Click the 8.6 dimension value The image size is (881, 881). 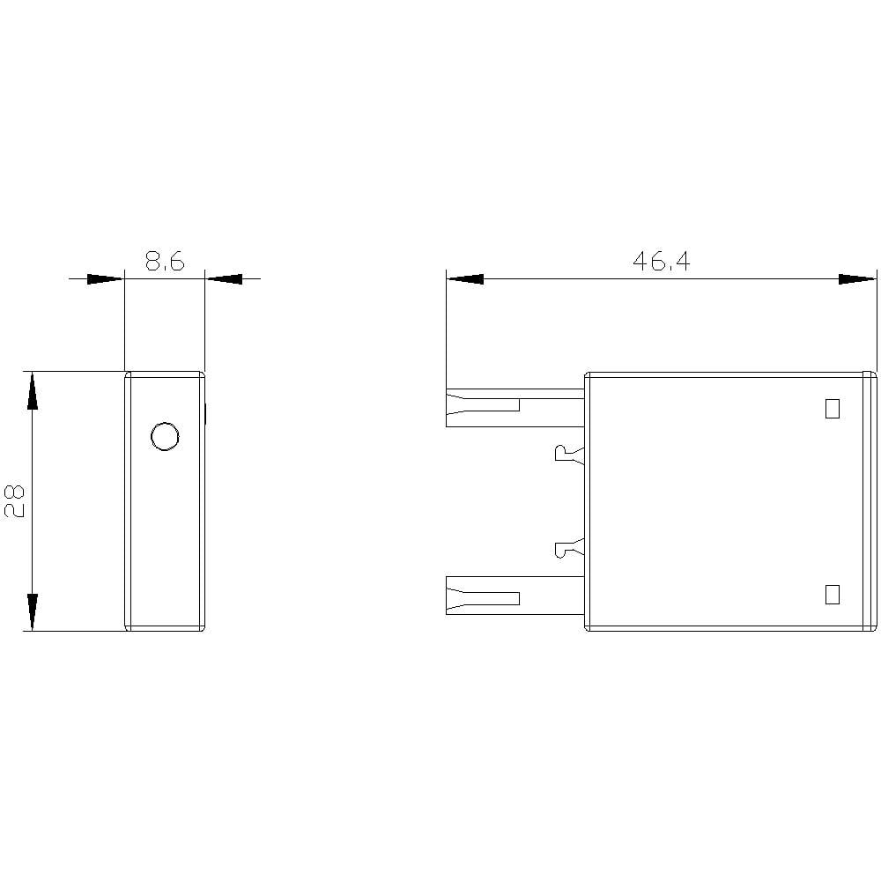(x=165, y=262)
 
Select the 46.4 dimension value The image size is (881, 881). (x=662, y=262)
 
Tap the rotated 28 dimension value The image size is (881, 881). (x=15, y=500)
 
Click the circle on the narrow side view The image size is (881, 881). (x=166, y=436)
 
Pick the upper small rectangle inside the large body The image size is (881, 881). (x=833, y=409)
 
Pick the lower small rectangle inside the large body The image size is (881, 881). (x=833, y=595)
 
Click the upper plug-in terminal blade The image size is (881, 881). (x=515, y=408)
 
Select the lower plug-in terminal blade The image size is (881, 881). (x=515, y=595)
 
